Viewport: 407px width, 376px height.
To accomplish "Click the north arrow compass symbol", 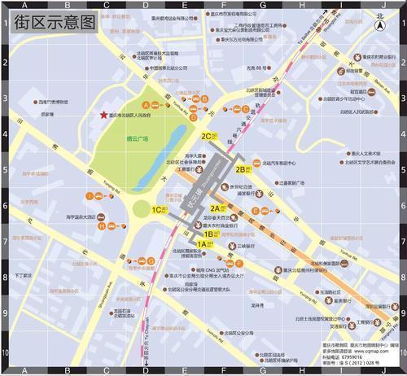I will pyautogui.click(x=379, y=24).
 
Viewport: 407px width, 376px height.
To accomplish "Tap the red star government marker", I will pyautogui.click(x=103, y=116).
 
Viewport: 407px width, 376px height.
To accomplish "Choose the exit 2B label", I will pyautogui.click(x=240, y=169).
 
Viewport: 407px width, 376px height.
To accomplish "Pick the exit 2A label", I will pyautogui.click(x=217, y=208).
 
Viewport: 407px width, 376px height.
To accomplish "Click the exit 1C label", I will pyautogui.click(x=156, y=209).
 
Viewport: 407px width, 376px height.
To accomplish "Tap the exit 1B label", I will pyautogui.click(x=209, y=234).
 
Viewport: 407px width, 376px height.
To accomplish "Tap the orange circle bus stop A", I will pyautogui.click(x=146, y=106).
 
